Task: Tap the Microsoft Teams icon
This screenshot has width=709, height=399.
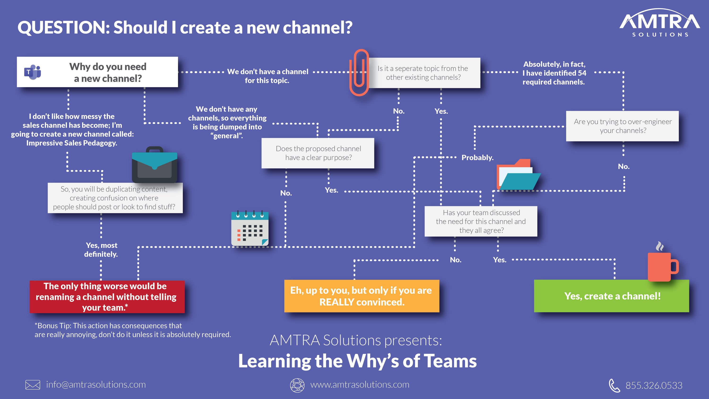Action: click(32, 72)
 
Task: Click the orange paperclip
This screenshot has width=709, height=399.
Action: click(359, 72)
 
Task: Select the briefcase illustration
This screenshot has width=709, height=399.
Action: click(154, 165)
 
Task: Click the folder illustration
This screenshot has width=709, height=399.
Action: click(517, 175)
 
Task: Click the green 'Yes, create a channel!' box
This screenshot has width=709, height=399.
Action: click(611, 296)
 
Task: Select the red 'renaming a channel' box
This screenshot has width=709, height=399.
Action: click(107, 297)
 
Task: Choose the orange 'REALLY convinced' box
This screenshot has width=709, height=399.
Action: click(361, 296)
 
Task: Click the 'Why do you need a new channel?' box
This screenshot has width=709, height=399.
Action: click(97, 72)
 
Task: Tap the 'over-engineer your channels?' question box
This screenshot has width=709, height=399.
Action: click(622, 126)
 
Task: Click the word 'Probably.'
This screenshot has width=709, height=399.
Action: click(477, 158)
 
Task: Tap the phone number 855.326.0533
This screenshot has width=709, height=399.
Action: click(654, 385)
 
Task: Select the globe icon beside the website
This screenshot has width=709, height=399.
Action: click(297, 385)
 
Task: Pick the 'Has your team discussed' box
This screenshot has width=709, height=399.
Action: click(480, 221)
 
